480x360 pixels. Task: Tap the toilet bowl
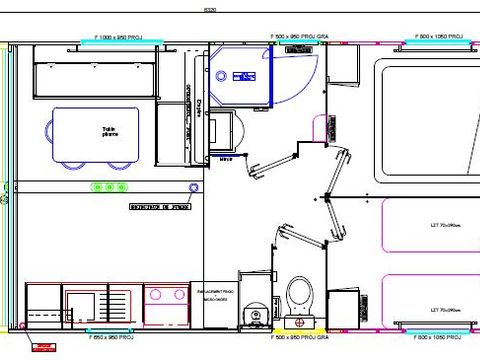click(x=298, y=295)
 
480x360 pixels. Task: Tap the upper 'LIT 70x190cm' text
click(x=441, y=226)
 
